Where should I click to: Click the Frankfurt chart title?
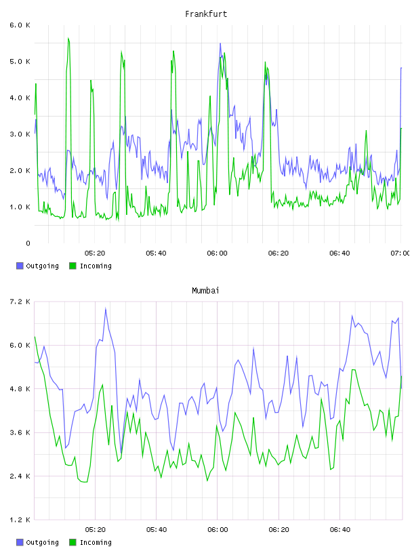(206, 14)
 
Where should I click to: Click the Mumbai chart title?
(205, 291)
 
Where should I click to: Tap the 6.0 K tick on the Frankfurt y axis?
(20, 25)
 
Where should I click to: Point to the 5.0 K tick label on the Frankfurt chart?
(20, 62)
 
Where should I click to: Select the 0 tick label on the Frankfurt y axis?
(28, 243)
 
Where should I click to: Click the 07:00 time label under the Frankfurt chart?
(400, 253)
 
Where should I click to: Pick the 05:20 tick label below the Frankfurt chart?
(95, 253)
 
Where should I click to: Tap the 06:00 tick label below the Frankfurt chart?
(218, 253)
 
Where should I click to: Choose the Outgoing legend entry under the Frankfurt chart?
(37, 266)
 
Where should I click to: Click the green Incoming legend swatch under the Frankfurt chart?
(73, 266)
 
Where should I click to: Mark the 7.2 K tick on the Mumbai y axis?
(20, 302)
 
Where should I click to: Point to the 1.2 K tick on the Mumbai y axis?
(20, 520)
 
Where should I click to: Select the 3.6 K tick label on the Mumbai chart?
(20, 433)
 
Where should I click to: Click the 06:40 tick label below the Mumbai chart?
(340, 530)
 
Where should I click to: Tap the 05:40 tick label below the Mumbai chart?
(157, 530)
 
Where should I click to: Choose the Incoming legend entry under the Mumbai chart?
(90, 542)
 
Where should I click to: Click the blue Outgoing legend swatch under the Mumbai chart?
(20, 542)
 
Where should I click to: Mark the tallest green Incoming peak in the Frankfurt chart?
(68, 38)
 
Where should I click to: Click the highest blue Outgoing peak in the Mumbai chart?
(106, 308)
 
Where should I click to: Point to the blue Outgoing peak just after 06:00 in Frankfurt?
(220, 44)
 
